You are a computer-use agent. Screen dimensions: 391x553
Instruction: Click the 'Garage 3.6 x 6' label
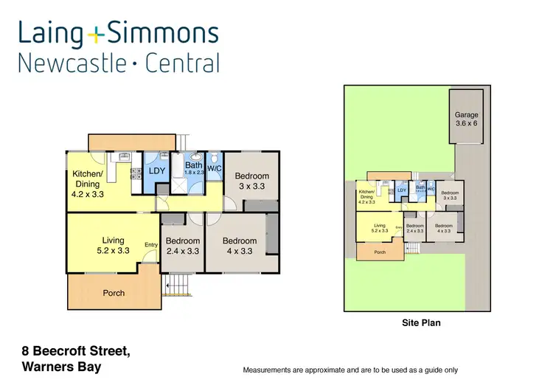[x=466, y=120]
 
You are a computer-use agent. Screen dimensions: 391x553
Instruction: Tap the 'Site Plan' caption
[x=422, y=322]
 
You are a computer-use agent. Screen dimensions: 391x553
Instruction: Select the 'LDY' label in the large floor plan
[x=157, y=171]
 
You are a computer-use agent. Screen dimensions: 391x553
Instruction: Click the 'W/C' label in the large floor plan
[x=215, y=168]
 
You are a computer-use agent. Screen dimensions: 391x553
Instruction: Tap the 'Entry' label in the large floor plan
[x=150, y=245]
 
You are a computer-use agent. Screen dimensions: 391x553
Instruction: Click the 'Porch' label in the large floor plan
[x=114, y=293]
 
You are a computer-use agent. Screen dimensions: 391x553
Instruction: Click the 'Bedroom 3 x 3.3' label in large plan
[x=251, y=181]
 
